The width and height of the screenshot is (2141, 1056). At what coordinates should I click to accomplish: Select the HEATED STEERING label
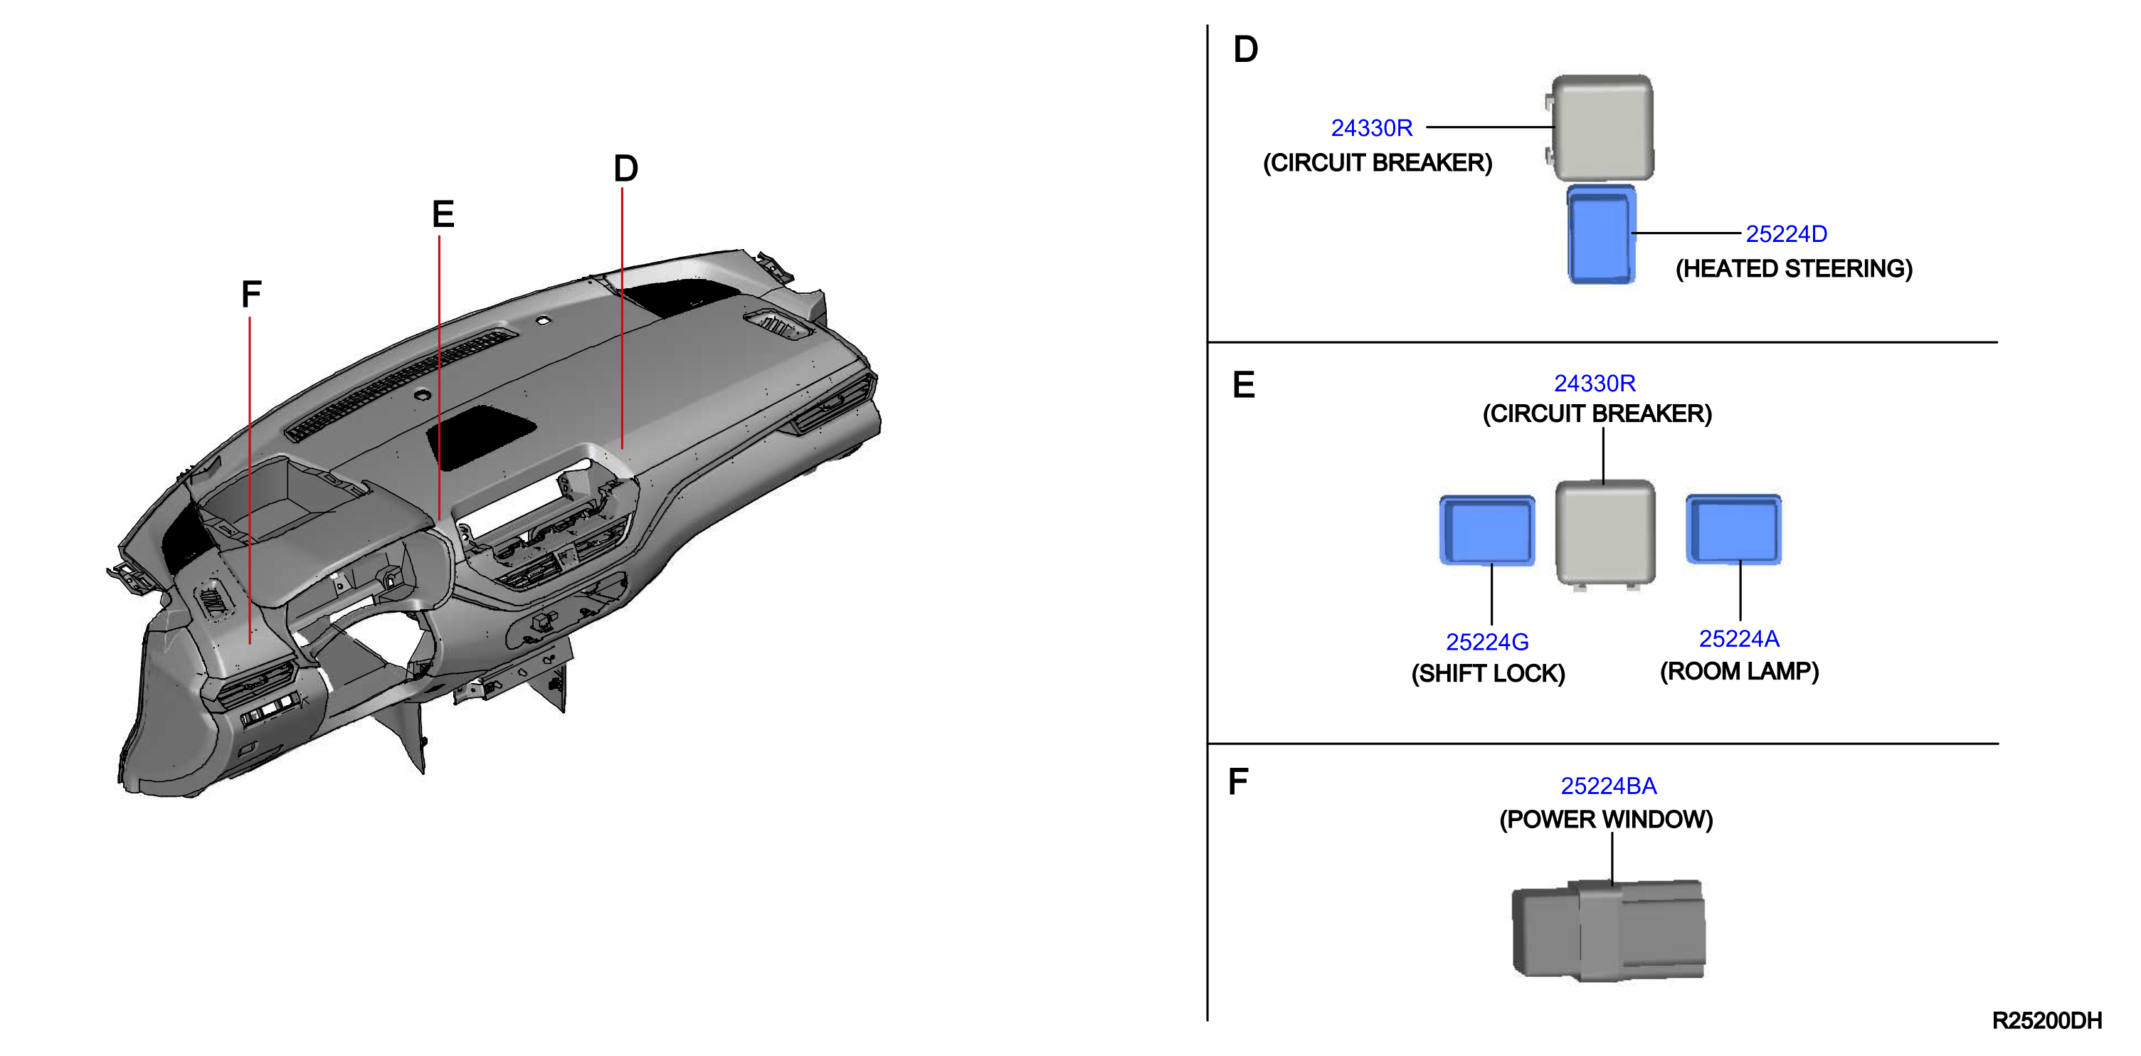coord(1794,268)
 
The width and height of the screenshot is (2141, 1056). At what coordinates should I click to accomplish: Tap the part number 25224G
coord(1487,642)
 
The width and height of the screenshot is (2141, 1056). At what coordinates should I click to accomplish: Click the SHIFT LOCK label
coord(1488,673)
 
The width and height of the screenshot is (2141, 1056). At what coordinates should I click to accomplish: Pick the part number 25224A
coord(1739,638)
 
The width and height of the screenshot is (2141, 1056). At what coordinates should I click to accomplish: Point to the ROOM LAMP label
coord(1740,671)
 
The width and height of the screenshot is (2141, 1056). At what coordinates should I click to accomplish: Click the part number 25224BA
coord(1608,786)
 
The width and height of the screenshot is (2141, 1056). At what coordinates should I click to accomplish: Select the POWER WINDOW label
coord(1606,819)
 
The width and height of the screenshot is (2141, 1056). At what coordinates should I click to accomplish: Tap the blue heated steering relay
coord(1602,235)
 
